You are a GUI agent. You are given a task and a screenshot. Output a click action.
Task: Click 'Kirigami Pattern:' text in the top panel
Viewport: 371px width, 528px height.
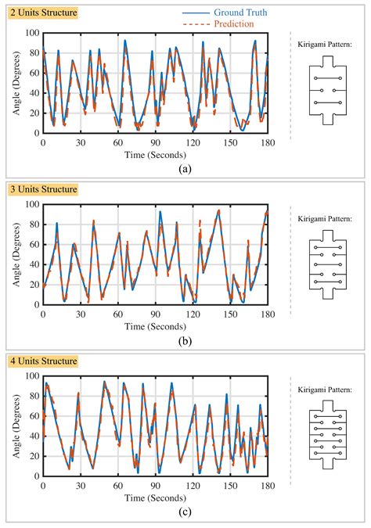coord(330,45)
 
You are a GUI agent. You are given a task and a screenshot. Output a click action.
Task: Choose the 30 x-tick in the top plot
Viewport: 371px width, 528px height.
coord(80,142)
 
